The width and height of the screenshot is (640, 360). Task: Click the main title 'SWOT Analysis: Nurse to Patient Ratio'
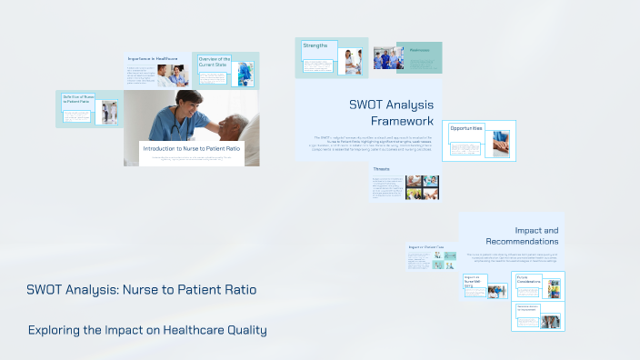(x=141, y=290)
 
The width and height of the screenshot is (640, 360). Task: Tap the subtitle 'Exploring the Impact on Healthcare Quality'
(x=147, y=330)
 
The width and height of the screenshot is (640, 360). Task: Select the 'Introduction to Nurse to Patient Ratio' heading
(x=191, y=148)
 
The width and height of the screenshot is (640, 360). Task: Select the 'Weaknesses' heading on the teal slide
(x=419, y=50)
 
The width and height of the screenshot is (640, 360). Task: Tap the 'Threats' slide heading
(x=381, y=169)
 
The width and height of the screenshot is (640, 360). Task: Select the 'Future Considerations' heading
(x=529, y=281)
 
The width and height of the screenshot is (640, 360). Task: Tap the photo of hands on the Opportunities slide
(x=501, y=144)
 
